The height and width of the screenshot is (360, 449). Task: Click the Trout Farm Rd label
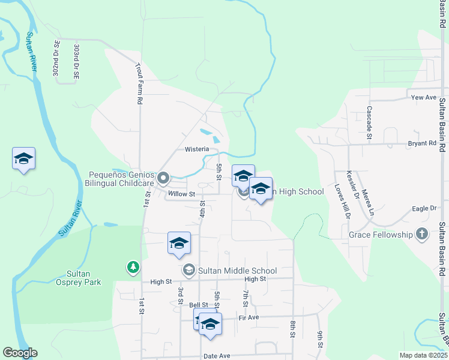coord(138,84)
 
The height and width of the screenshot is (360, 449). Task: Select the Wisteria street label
coord(197,149)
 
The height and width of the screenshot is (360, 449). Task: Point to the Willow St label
coord(182,194)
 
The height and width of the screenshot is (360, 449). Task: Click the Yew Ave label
coord(423,97)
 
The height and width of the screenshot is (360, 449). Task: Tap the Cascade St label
coord(369,122)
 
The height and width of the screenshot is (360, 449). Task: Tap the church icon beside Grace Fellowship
coord(422,235)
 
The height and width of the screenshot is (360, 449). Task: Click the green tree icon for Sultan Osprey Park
coord(133,266)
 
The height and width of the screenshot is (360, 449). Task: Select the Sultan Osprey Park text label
coord(76,277)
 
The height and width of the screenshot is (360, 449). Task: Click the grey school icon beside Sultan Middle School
coord(189,271)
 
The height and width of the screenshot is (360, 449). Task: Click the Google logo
coord(20,353)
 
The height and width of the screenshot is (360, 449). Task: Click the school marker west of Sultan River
coord(23,159)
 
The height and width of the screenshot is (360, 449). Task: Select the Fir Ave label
coord(249,317)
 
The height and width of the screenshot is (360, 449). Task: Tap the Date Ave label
coord(217,356)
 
